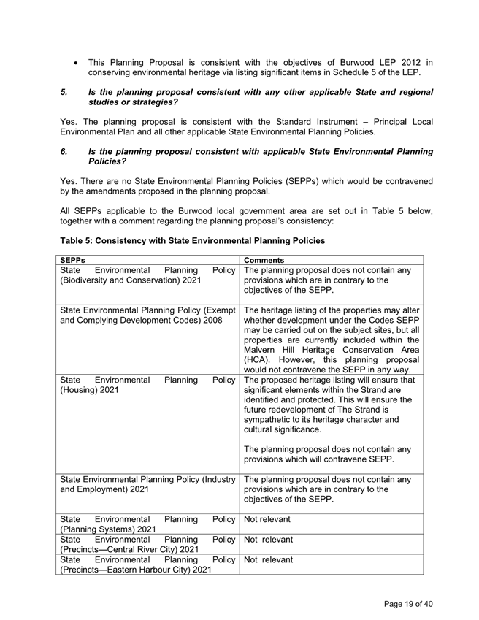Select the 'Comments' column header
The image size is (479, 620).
(264, 260)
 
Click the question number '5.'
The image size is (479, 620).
(64, 93)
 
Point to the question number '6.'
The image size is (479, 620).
(64, 151)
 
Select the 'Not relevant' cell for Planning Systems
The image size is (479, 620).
(267, 519)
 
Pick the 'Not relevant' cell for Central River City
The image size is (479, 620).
(268, 540)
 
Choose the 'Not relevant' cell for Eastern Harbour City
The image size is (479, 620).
(268, 560)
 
